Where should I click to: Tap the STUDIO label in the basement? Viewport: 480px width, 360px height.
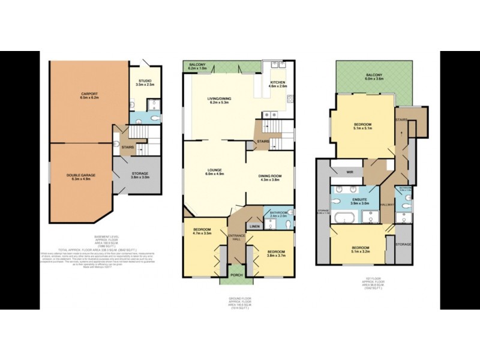click(145, 80)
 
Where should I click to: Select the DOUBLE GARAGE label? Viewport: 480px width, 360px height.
click(81, 175)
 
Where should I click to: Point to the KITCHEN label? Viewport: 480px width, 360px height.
click(277, 82)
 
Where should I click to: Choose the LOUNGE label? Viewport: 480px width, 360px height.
click(215, 170)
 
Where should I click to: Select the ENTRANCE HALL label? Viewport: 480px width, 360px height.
click(236, 238)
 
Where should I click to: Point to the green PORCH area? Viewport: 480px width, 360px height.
click(236, 275)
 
